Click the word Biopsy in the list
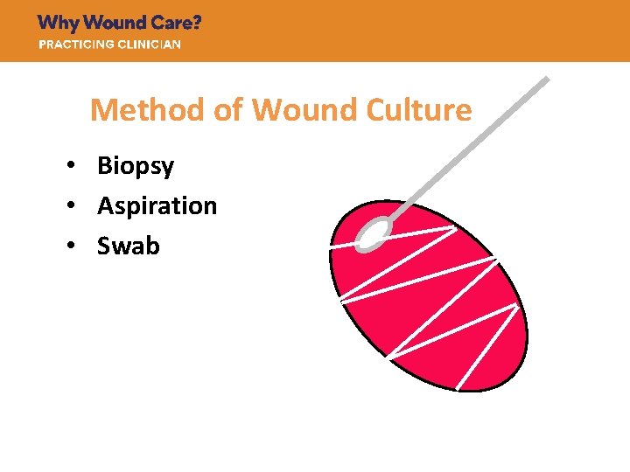pos(136,166)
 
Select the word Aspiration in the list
pos(157,206)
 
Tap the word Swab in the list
pos(129,246)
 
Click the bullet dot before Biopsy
pos(77,166)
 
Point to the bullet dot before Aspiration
pos(77,206)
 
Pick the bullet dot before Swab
pos(77,246)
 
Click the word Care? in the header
pos(178,24)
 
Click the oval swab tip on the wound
pos(374,232)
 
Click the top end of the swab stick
pos(546,80)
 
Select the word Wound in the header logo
pos(115,24)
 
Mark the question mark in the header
pos(197,24)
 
